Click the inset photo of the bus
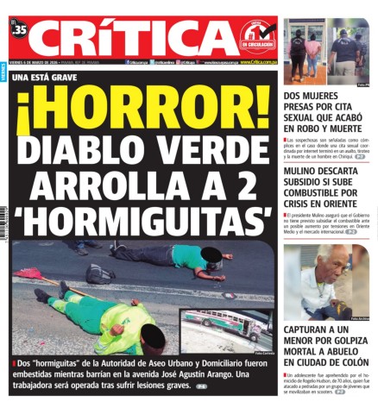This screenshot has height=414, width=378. point(226,329)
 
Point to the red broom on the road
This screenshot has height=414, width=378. point(31,274)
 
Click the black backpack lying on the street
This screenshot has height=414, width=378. point(99,273)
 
